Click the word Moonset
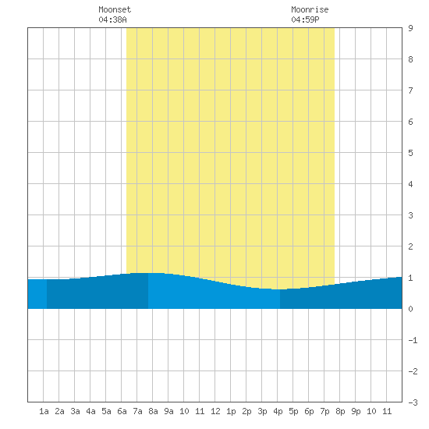pyautogui.click(x=115, y=9)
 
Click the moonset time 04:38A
pyautogui.click(x=113, y=19)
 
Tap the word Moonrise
pyautogui.click(x=310, y=9)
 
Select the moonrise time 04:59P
pyautogui.click(x=305, y=19)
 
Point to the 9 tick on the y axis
pyautogui.click(x=410, y=28)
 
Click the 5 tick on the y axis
pyautogui.click(x=410, y=153)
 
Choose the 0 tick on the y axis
pyautogui.click(x=410, y=309)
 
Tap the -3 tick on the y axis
pyautogui.click(x=413, y=402)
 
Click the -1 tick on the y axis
pyautogui.click(x=413, y=340)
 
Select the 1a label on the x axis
pyautogui.click(x=44, y=411)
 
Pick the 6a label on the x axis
pyautogui.click(x=122, y=411)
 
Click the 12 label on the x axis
pyautogui.click(x=215, y=411)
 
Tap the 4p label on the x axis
pyautogui.click(x=278, y=411)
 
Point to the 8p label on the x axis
pyautogui.click(x=340, y=411)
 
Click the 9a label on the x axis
pyautogui.click(x=168, y=411)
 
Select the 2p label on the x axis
pyautogui.click(x=246, y=411)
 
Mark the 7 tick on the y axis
pyautogui.click(x=410, y=90)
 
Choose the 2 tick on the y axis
pyautogui.click(x=410, y=246)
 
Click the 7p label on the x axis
pyautogui.click(x=324, y=411)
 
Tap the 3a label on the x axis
pyautogui.click(x=75, y=411)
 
